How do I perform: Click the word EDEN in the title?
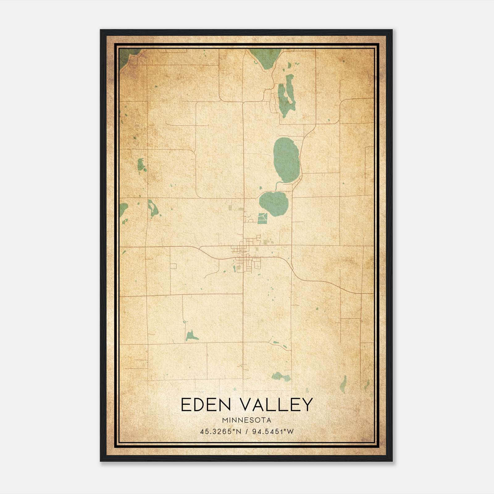[205, 404]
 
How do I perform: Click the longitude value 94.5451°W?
[273, 431]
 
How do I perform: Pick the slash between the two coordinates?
[246, 431]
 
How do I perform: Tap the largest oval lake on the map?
[286, 160]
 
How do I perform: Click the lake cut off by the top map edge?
[265, 57]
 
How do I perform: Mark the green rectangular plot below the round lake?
[262, 218]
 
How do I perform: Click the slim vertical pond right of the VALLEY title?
[343, 385]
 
